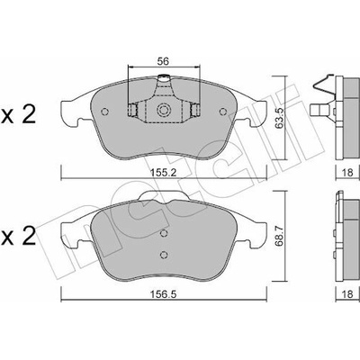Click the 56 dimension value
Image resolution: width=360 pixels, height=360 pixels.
pyautogui.click(x=164, y=61)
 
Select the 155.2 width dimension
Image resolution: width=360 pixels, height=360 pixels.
pyautogui.click(x=164, y=173)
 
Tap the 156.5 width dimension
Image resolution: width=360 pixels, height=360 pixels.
pyautogui.click(x=164, y=294)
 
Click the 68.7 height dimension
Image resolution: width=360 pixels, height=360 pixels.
pyautogui.click(x=280, y=236)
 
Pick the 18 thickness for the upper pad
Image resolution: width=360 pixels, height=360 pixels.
pyautogui.click(x=347, y=173)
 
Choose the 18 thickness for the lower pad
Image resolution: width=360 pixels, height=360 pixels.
pyautogui.click(x=347, y=294)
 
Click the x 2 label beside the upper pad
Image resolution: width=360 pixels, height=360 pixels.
pyautogui.click(x=19, y=115)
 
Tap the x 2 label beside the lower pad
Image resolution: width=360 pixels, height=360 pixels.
pyautogui.click(x=19, y=237)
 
